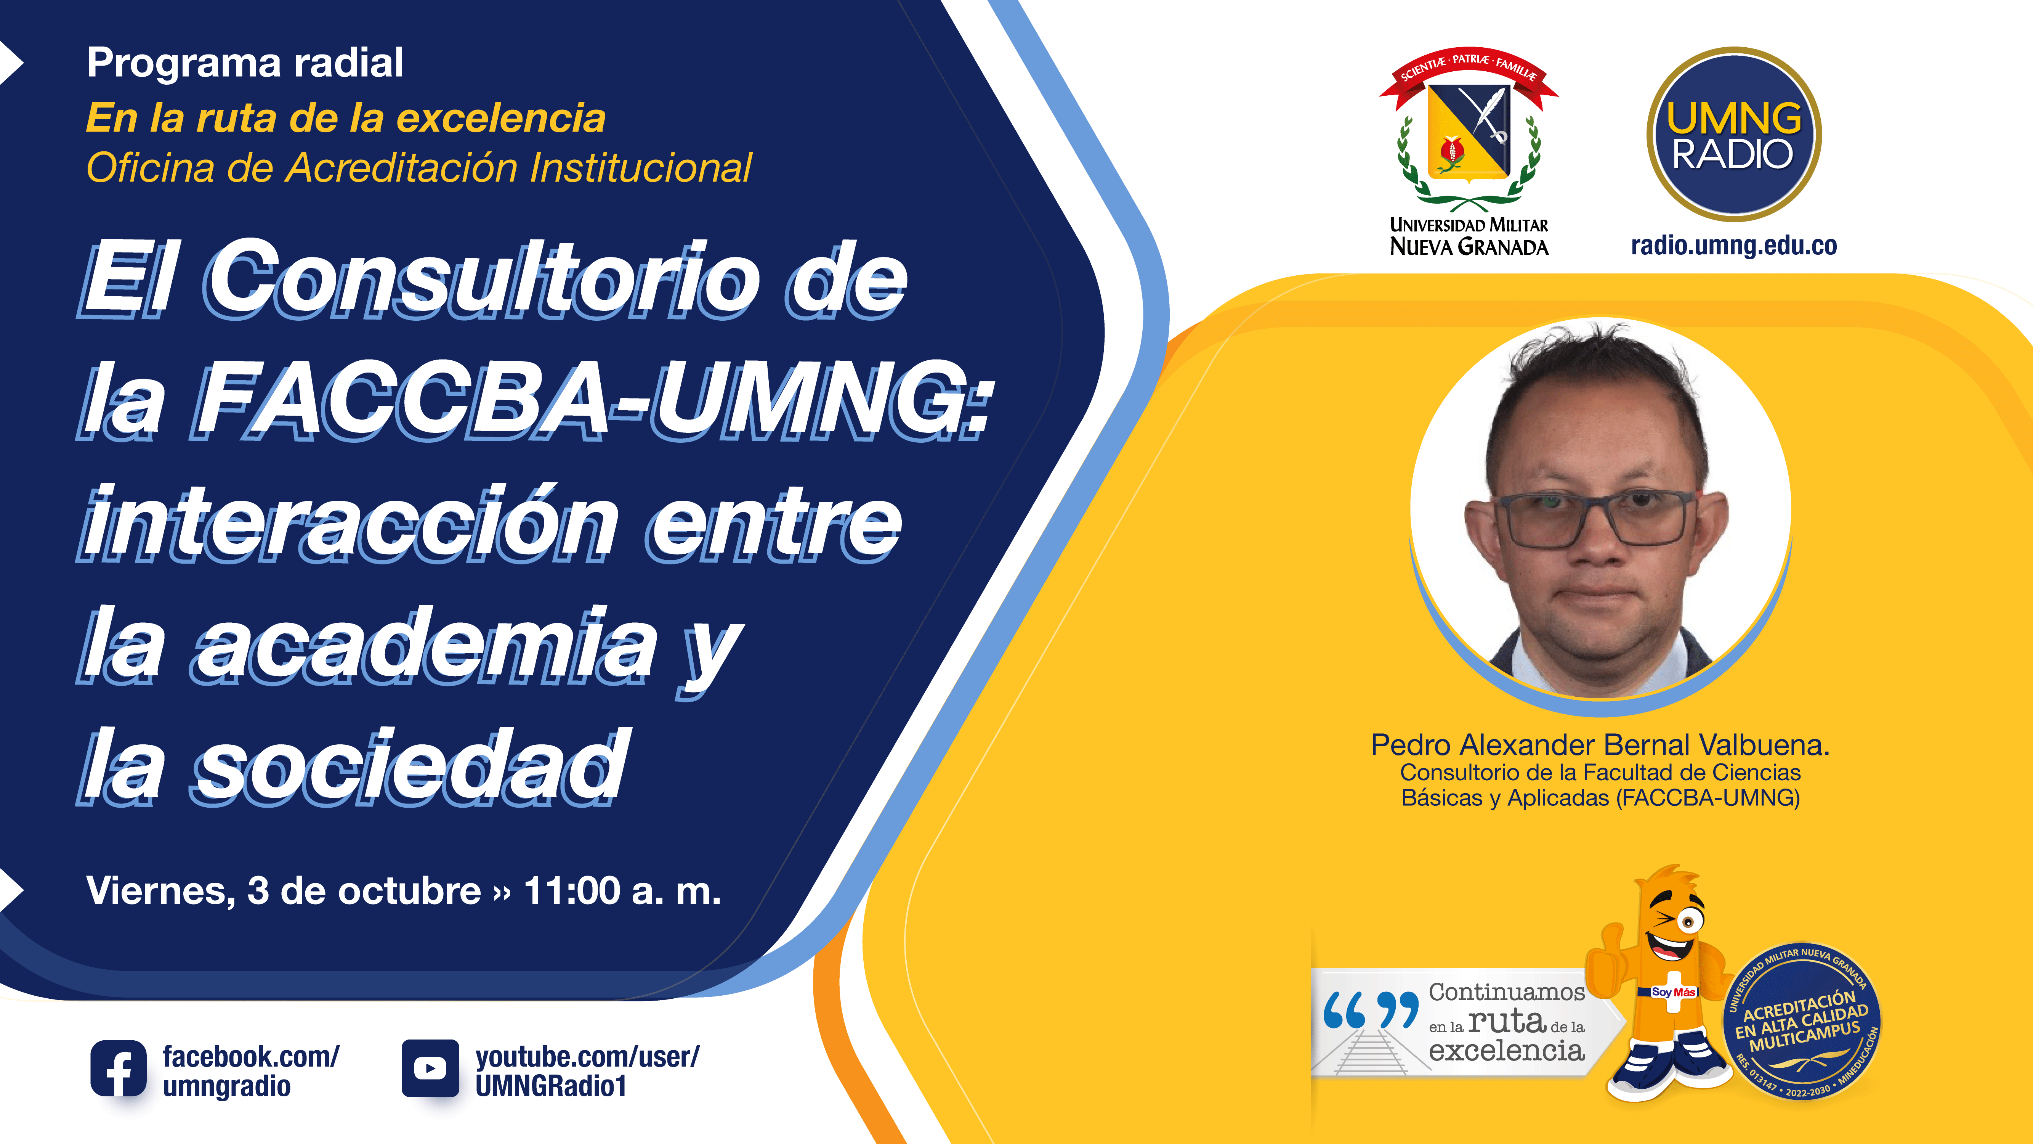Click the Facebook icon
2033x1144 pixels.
click(119, 1068)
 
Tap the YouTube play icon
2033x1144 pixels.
click(430, 1068)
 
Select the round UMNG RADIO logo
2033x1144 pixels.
click(1734, 134)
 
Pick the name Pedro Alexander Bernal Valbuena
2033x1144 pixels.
click(1600, 744)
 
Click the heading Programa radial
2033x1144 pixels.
click(245, 63)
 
